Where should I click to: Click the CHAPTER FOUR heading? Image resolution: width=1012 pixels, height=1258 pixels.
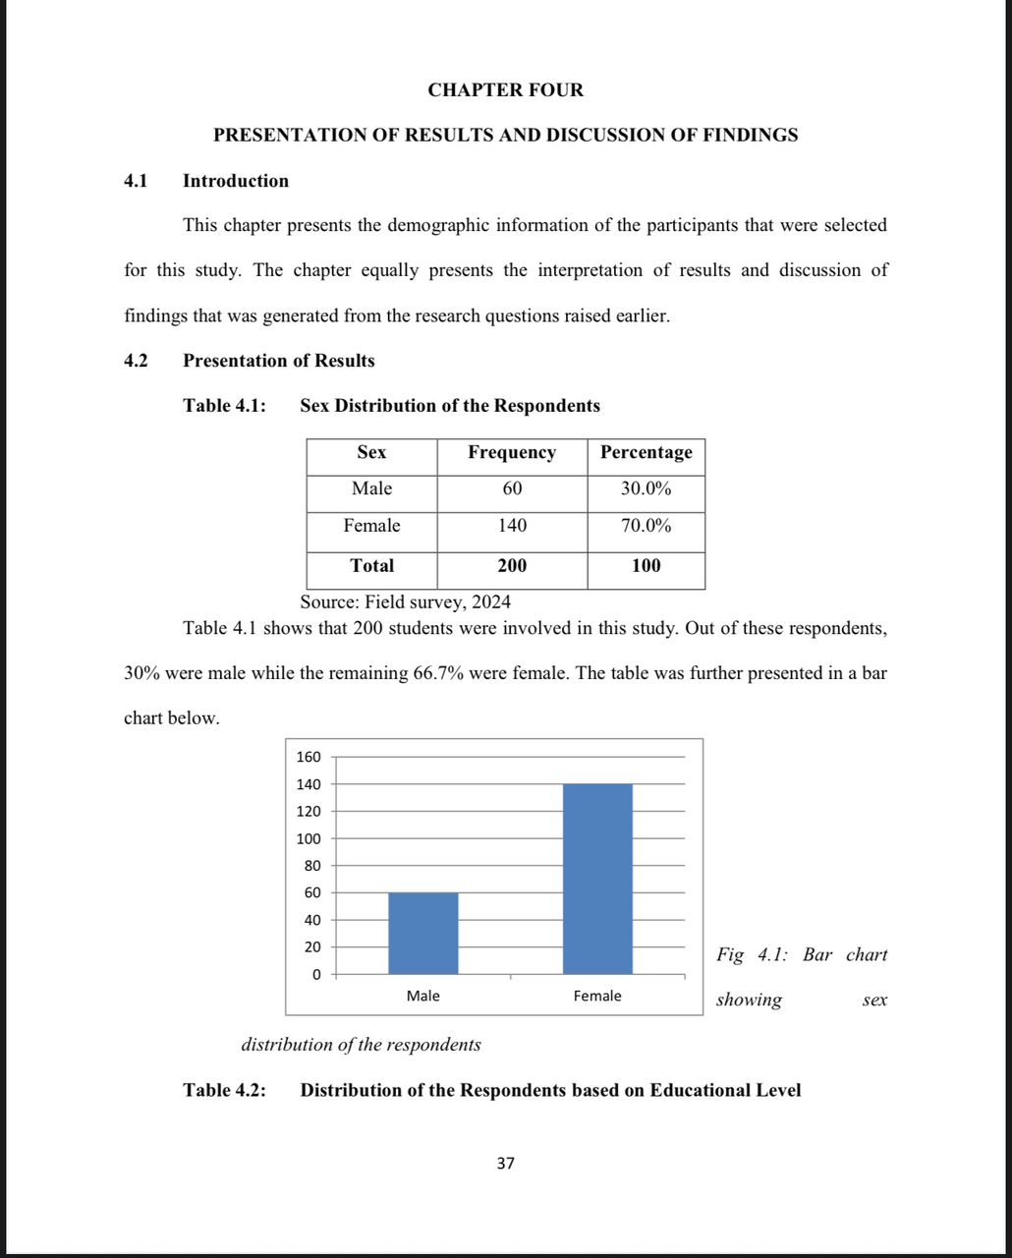[505, 90]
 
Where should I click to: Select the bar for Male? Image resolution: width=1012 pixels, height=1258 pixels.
[422, 933]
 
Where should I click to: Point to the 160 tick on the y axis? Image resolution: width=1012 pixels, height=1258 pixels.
[309, 757]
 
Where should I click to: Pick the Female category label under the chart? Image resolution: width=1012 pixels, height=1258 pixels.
[597, 996]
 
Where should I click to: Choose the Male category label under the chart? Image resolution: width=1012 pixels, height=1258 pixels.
[422, 996]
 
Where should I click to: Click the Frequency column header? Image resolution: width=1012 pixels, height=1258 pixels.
[512, 452]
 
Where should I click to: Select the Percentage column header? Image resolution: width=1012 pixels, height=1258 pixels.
[646, 452]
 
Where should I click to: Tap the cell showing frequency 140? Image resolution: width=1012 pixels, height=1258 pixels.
[512, 526]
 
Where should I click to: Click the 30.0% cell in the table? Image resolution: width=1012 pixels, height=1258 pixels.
[646, 488]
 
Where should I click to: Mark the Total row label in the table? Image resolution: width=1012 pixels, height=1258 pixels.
[371, 565]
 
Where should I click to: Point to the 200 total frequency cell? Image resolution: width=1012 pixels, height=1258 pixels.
[512, 565]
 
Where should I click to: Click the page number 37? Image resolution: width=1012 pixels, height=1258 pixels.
[505, 1164]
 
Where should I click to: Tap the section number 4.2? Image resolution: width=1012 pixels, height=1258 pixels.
[136, 361]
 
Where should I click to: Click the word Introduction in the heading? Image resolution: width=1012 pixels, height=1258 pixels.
[236, 181]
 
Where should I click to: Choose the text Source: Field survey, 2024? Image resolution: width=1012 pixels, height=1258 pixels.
[405, 601]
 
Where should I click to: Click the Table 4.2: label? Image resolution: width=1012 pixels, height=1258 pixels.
[225, 1090]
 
